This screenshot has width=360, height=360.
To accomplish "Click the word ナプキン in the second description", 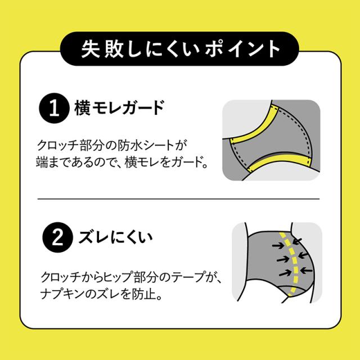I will pos(60,293).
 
